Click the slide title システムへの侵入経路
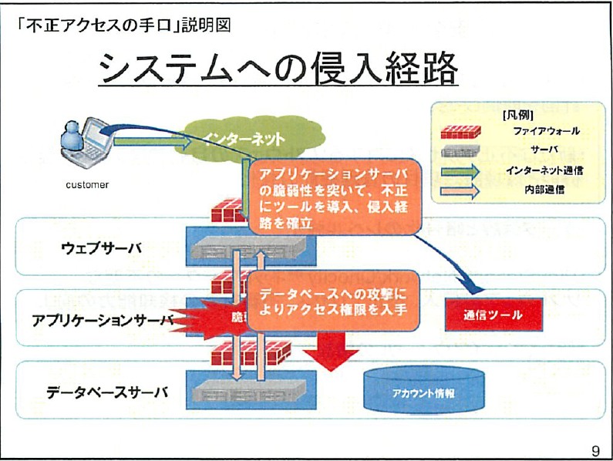[x=280, y=70]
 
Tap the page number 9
[x=594, y=449]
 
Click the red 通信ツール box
[x=493, y=315]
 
